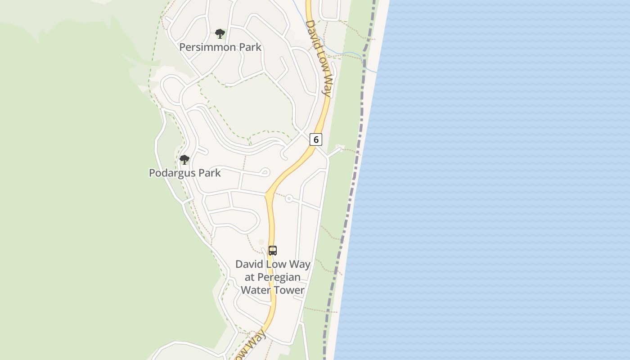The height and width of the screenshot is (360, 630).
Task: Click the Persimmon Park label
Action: click(x=220, y=47)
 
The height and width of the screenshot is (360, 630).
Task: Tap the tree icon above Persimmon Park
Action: click(x=220, y=33)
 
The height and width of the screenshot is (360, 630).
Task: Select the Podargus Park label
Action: click(x=184, y=173)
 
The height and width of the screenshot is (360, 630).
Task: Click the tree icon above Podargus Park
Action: click(x=184, y=159)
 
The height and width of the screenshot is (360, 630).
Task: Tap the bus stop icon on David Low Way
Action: click(x=272, y=251)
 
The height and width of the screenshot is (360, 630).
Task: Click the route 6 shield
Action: click(x=316, y=139)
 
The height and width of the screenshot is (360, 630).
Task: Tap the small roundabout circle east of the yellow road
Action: click(x=289, y=198)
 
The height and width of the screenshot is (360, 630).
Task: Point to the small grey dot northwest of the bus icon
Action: click(x=261, y=242)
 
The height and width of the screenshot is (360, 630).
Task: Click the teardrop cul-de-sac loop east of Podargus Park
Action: click(x=265, y=172)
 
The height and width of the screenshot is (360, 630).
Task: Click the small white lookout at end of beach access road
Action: click(x=340, y=147)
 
